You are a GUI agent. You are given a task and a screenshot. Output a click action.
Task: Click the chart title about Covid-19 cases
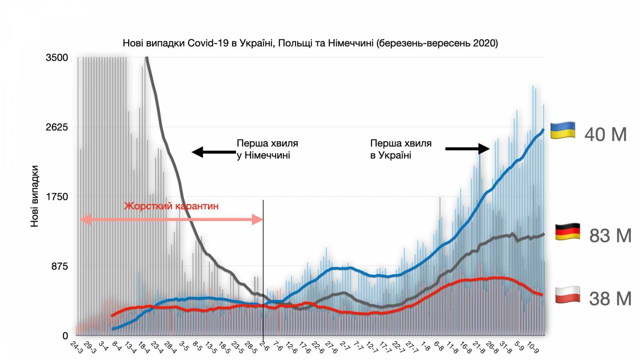tap(310, 44)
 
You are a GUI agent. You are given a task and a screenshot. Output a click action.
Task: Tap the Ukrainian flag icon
tap(563, 131)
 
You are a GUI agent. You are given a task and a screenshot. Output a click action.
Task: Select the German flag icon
tap(568, 232)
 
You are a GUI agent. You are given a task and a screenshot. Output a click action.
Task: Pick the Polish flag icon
tap(568, 295)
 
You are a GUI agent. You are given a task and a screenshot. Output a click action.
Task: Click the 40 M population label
tap(605, 134)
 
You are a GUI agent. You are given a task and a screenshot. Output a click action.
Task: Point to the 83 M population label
tap(610, 236)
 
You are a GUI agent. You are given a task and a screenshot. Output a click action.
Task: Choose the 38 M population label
tap(610, 299)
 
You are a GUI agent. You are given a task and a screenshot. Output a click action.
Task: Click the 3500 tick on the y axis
tap(57, 58)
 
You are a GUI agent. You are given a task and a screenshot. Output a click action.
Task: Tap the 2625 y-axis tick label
tap(57, 127)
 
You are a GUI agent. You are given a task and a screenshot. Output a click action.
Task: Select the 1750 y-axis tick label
tap(57, 196)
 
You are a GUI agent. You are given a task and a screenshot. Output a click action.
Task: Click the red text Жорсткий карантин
tap(172, 207)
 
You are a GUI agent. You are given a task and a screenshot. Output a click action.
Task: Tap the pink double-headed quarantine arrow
tap(172, 219)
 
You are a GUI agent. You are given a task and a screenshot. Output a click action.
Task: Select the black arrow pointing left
tap(212, 152)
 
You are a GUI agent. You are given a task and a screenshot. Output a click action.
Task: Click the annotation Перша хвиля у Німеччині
tap(267, 149)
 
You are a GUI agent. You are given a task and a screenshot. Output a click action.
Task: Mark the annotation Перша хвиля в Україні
tap(400, 149)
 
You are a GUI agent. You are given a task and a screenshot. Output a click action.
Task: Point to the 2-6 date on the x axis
tap(263, 345)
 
